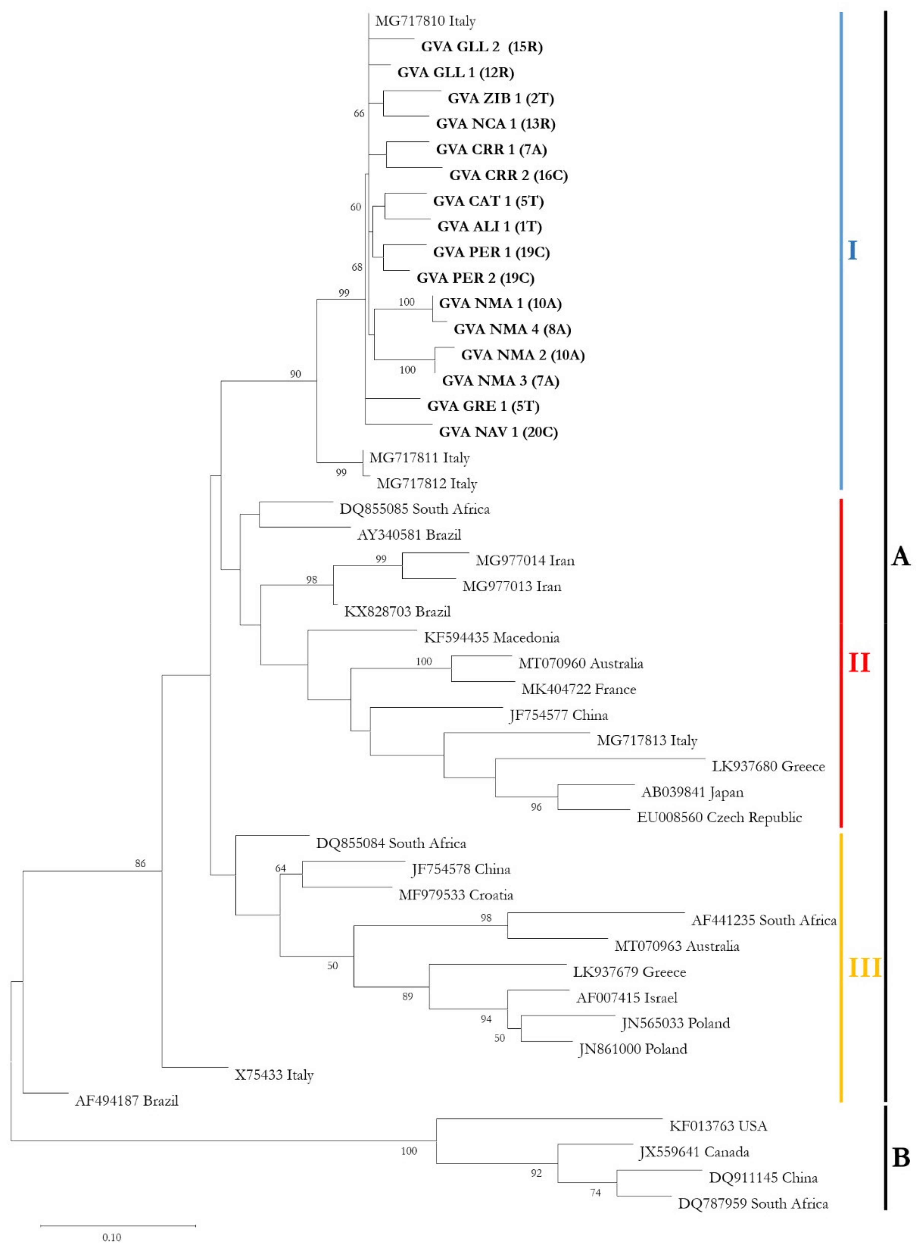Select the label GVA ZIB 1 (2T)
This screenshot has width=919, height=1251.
pos(501,98)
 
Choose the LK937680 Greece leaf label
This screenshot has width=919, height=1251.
pos(768,766)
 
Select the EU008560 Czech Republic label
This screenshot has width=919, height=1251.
pos(719,818)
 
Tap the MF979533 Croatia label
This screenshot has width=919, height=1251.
pos(456,895)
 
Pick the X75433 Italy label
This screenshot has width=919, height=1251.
pos(274,1075)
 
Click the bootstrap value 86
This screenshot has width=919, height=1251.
pos(140,864)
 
